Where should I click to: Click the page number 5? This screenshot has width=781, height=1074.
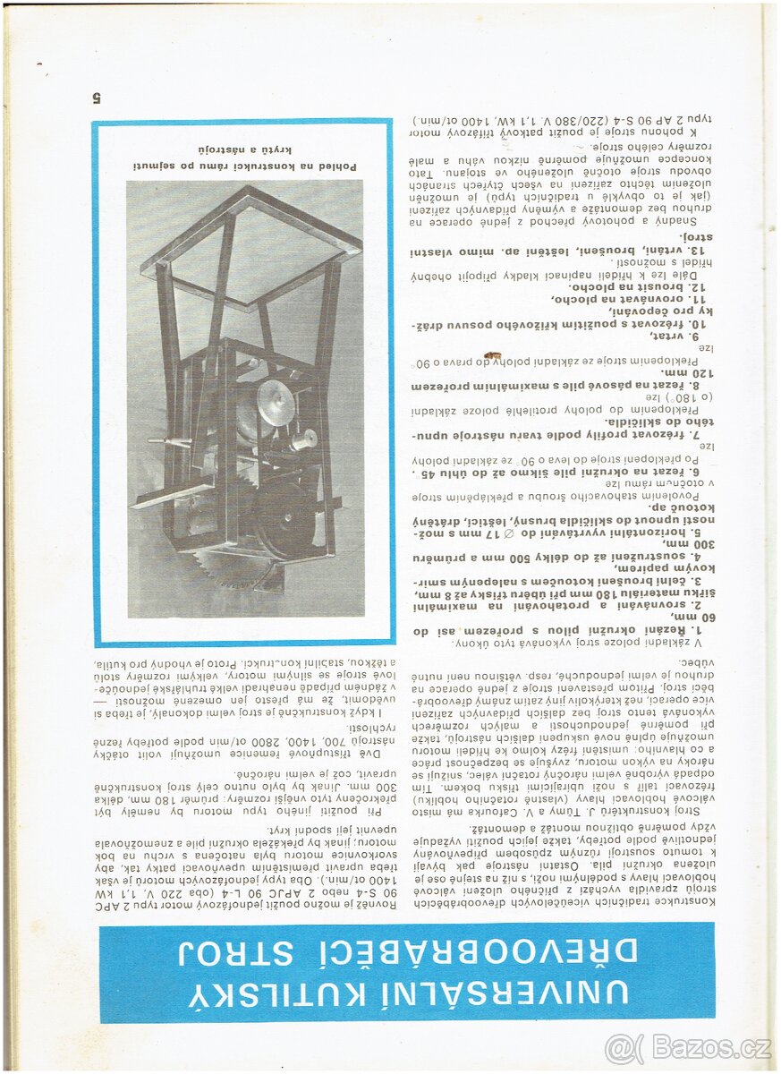click(x=98, y=96)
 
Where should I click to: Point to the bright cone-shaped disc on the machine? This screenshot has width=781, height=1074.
click(x=275, y=403)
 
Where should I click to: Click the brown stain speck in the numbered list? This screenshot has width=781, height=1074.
click(x=490, y=355)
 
